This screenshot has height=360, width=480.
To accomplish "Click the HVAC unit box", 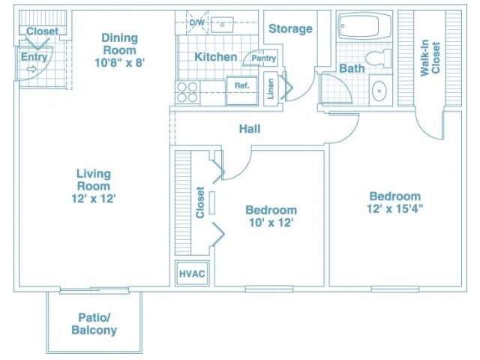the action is point(192,273).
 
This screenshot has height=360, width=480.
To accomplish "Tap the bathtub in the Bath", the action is point(364,25).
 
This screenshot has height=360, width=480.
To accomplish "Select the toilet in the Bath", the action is point(378,58).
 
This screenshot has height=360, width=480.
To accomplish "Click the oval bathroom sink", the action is point(379,91).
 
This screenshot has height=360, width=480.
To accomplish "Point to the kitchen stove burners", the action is point(187,92).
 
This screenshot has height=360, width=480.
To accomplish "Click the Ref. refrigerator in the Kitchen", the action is point(241,91).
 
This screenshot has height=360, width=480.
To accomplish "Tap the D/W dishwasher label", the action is point(196,22).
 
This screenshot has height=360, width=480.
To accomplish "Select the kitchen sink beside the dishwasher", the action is point(222,24).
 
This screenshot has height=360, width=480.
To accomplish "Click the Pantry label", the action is point(263,58).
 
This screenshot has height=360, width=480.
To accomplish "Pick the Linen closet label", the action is point(271,88).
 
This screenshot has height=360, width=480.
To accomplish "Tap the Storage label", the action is point(290,28).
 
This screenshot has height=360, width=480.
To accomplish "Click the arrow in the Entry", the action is point(31,70).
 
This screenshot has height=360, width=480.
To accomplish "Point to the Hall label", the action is point(250,129).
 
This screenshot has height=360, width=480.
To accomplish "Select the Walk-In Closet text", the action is point(430,58).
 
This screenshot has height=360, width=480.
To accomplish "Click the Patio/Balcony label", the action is point(94,324).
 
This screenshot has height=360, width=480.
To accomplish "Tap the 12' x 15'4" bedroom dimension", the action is point(395,209).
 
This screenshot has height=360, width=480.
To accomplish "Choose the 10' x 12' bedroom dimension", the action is point(271,223).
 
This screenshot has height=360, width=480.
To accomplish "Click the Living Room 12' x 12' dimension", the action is point(93,199).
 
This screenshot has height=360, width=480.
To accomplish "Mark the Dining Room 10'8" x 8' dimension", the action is point(119,63).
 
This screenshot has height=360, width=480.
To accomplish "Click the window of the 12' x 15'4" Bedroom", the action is point(395,289).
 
